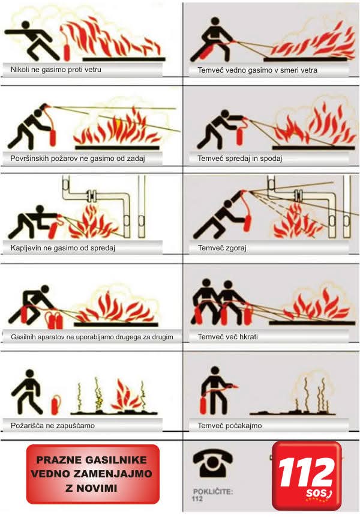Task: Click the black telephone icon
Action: coord(213,464)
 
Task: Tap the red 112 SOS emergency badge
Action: coord(307,476)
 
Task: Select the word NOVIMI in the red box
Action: coord(96,488)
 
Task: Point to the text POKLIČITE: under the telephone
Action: coord(213,491)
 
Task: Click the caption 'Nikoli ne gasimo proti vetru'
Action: coord(56,70)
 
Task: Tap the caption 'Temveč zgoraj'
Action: coord(222,248)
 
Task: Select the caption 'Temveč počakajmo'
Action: coord(230,426)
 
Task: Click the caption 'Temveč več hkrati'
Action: coord(227,337)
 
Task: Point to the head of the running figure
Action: coord(25,25)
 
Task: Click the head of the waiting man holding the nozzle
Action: coord(215,370)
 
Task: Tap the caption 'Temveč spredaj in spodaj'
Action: coord(240,159)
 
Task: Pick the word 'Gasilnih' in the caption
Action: coord(23,337)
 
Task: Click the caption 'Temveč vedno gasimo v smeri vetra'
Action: coord(257,70)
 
